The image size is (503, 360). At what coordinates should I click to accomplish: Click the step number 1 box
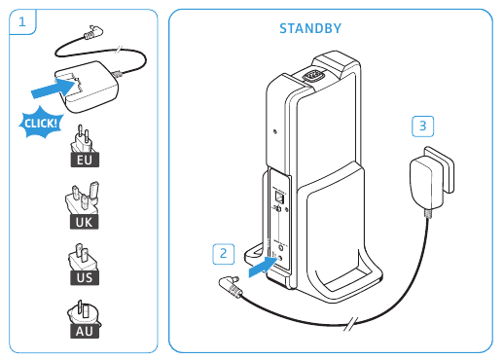[x=22, y=21]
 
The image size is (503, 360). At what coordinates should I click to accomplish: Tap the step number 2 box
[x=224, y=254]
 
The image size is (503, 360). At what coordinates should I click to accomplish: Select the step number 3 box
[x=422, y=126]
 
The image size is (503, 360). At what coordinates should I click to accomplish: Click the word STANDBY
[x=310, y=28]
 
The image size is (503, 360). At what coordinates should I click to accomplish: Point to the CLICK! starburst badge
[x=41, y=123]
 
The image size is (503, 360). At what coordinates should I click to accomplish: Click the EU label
[x=85, y=160]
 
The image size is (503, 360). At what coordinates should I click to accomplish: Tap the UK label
[x=84, y=222]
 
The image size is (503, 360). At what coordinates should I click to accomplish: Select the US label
[x=85, y=277]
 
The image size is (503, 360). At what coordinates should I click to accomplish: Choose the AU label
[x=85, y=331]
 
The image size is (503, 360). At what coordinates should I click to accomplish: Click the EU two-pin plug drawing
[x=83, y=139]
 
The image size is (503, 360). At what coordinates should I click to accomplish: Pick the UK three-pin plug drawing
[x=83, y=198]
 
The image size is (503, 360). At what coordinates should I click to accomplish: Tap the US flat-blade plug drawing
[x=82, y=257]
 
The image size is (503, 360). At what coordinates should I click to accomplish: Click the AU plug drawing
[x=83, y=312]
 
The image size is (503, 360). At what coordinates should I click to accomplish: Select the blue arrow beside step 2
[x=263, y=267]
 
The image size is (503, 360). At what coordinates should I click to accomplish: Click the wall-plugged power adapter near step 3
[x=431, y=178]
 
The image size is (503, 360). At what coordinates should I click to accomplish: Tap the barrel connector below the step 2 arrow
[x=230, y=285]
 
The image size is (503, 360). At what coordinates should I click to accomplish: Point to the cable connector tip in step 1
[x=93, y=32]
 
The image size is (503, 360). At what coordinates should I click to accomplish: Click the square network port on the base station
[x=279, y=197]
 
